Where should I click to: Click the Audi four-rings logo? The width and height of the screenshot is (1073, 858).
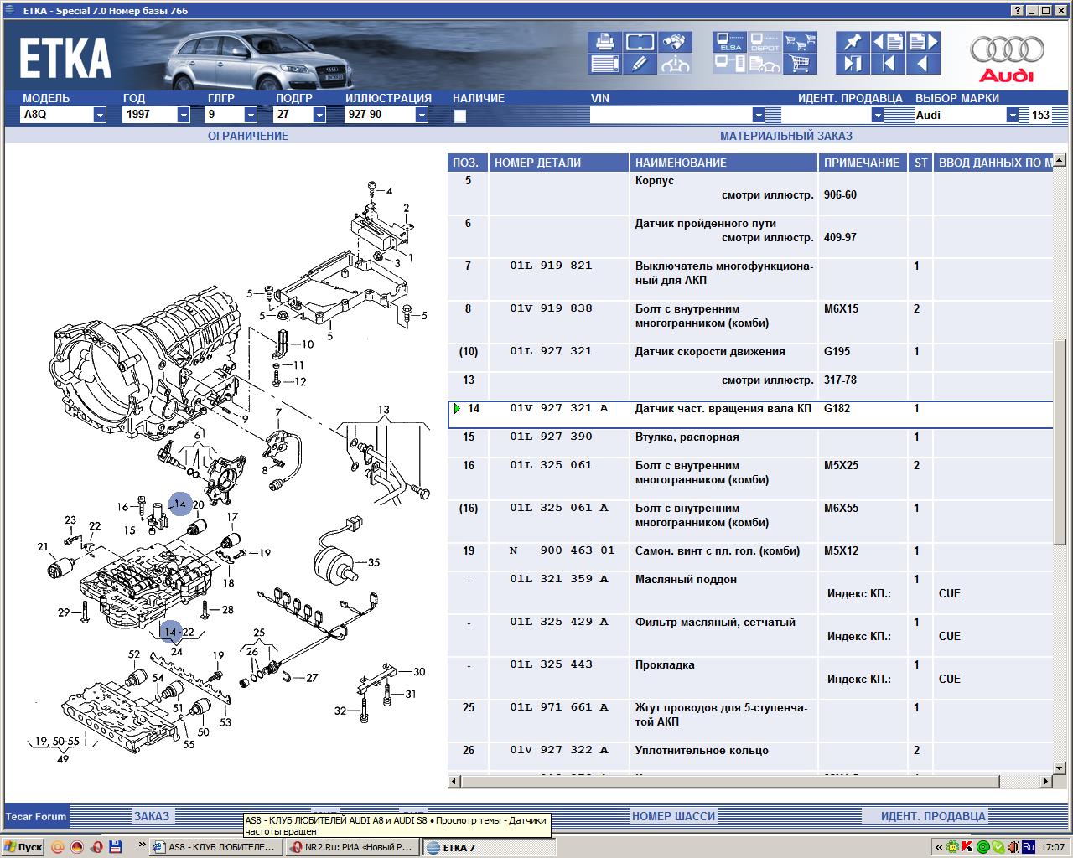click(x=1007, y=50)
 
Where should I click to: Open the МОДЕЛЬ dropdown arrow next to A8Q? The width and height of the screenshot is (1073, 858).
click(x=100, y=115)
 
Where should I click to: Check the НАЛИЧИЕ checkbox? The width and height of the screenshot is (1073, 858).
click(x=459, y=116)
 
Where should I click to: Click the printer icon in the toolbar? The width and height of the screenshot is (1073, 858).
click(x=604, y=42)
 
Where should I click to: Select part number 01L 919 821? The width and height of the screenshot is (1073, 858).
click(x=551, y=266)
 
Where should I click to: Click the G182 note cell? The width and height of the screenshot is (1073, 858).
click(x=836, y=408)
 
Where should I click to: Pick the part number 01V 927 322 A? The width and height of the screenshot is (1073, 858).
click(x=558, y=750)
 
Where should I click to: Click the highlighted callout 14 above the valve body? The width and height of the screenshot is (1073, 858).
click(x=180, y=504)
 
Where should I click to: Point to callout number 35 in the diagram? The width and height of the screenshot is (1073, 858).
click(x=374, y=562)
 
